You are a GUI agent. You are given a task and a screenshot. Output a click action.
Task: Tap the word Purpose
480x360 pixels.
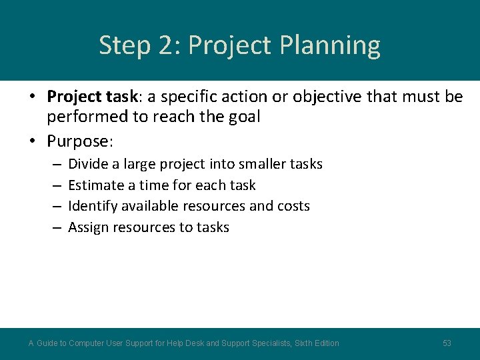[79, 141]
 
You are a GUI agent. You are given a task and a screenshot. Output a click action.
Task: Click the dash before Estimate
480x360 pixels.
[55, 185]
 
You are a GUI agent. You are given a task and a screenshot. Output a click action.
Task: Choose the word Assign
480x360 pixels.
[88, 227]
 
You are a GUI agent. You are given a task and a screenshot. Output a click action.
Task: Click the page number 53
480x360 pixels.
[447, 343]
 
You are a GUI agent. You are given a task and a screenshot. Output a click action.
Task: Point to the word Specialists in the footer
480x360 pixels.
[266, 343]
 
